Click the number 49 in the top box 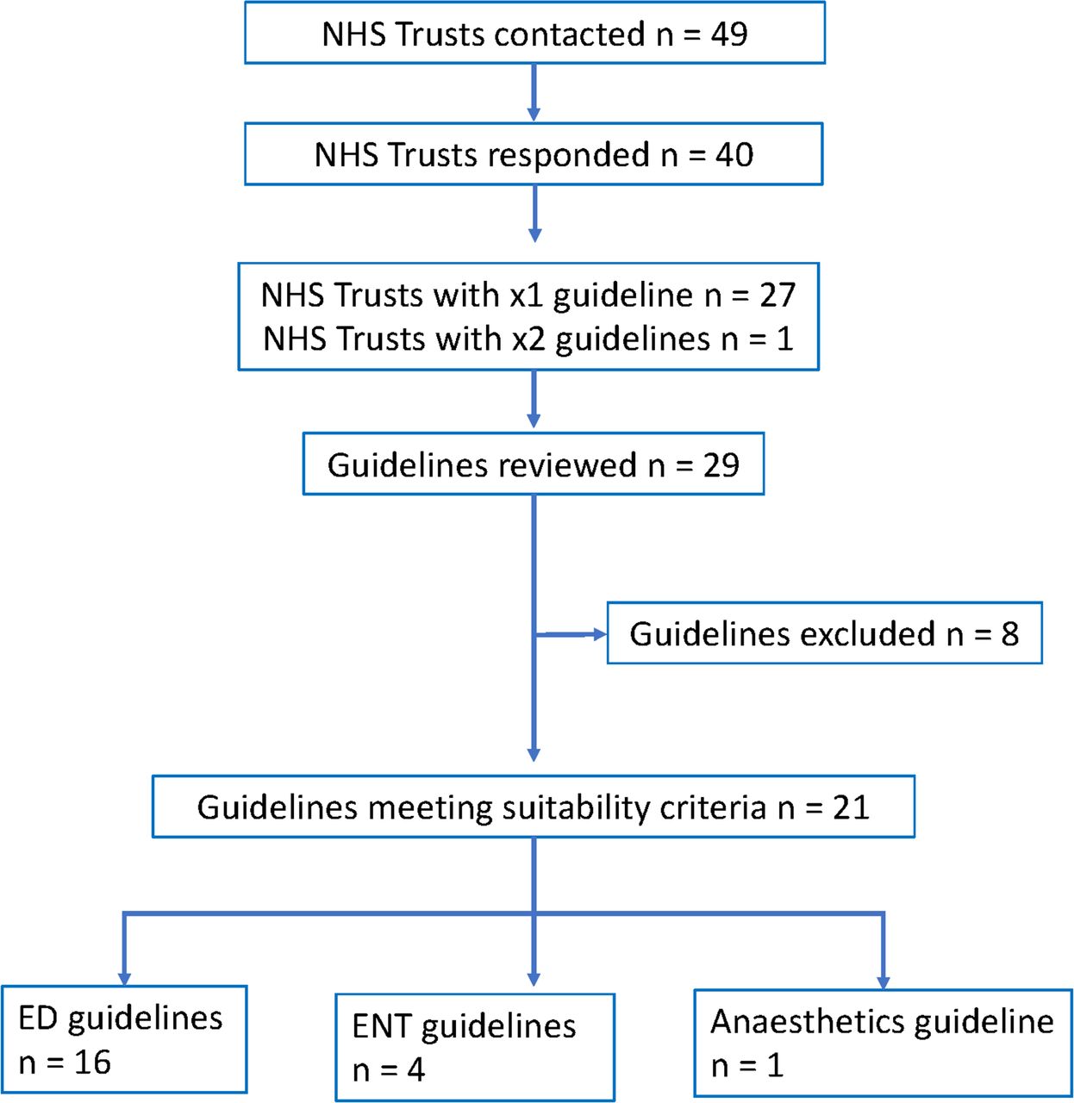coord(728,34)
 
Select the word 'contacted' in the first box coord(569,34)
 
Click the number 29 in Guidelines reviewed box coord(721,465)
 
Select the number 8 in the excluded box coord(1009,634)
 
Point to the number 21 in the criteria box coord(851,807)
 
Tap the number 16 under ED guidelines coord(92,1062)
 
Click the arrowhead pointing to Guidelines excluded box coord(600,634)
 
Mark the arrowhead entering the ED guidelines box coord(124,980)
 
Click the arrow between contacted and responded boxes coord(534,92)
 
